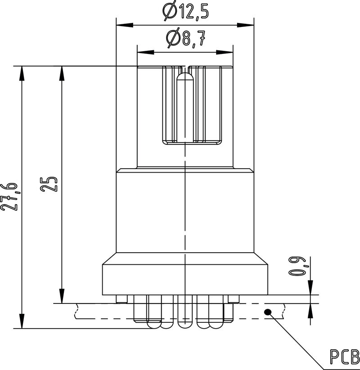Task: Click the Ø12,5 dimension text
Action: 186,10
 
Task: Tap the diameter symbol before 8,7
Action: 172,39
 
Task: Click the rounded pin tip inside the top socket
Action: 185,78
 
